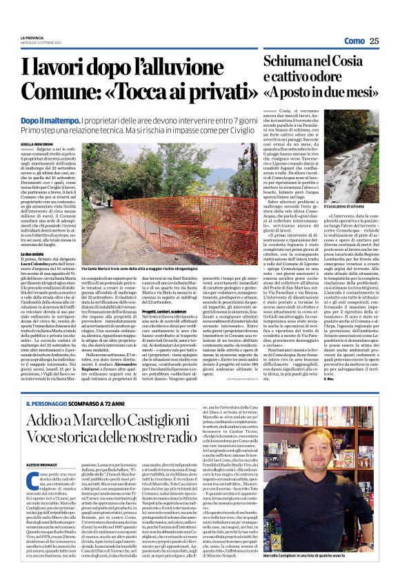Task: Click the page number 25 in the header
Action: (374, 41)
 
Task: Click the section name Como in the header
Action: (353, 41)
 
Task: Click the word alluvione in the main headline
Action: (201, 69)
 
